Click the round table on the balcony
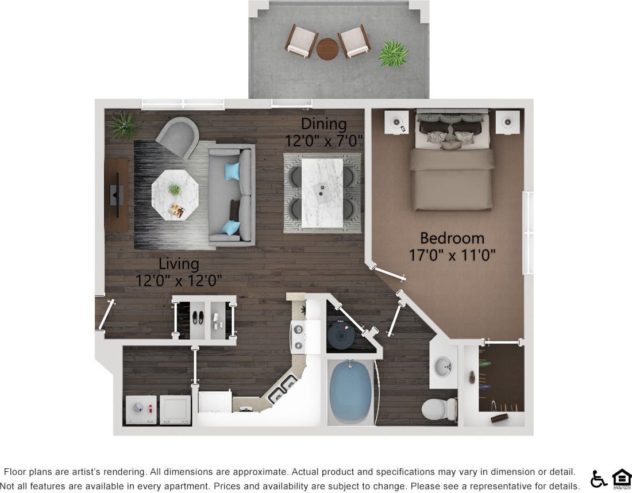[x=327, y=49]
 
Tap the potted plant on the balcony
[x=394, y=53]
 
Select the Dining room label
[x=324, y=124]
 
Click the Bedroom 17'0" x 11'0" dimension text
[x=452, y=255]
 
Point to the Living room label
[x=179, y=264]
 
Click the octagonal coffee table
[x=175, y=195]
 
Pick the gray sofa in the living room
[x=231, y=195]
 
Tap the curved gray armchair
[x=177, y=136]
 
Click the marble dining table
[x=322, y=192]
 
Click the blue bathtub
[x=350, y=391]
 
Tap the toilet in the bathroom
[x=439, y=409]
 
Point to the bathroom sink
[x=442, y=367]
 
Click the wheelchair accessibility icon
[x=599, y=478]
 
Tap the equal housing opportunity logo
[x=622, y=477]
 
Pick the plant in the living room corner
[x=124, y=125]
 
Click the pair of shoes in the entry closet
[x=197, y=317]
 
